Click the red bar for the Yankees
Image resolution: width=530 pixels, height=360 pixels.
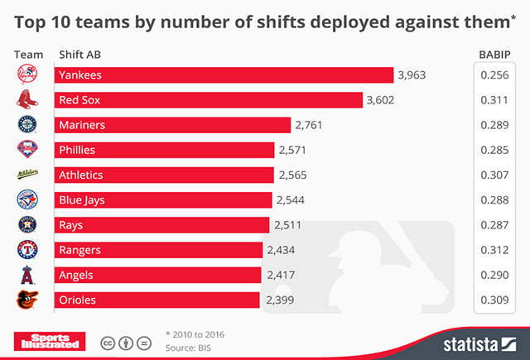[x=224, y=75]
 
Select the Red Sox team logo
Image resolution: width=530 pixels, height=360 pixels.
[x=27, y=100]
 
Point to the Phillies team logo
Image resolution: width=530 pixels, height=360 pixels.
[x=27, y=150]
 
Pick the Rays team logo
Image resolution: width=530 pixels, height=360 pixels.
[x=27, y=225]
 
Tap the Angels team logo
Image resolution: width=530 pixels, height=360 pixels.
[x=27, y=275]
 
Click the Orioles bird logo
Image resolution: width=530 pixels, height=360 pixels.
[x=27, y=300]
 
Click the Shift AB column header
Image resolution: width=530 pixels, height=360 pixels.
[x=80, y=55]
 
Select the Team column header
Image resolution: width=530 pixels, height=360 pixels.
[x=29, y=55]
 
